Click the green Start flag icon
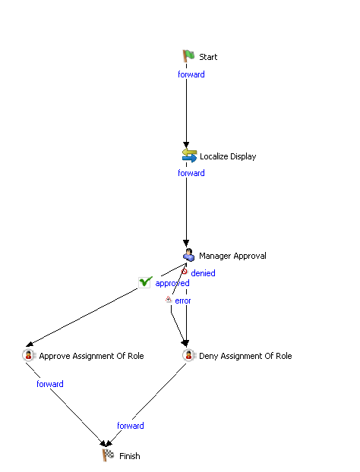pyautogui.click(x=188, y=56)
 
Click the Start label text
pyautogui.click(x=208, y=57)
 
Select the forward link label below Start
pyautogui.click(x=191, y=74)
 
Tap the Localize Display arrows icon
pyautogui.click(x=189, y=156)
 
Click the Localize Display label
pyautogui.click(x=228, y=156)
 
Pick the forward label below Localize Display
pyautogui.click(x=191, y=173)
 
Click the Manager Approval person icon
pyautogui.click(x=189, y=255)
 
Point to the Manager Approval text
pyautogui.click(x=232, y=256)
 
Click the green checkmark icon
pyautogui.click(x=145, y=282)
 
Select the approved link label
pyautogui.click(x=172, y=283)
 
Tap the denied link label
pyautogui.click(x=203, y=273)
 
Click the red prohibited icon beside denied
pyautogui.click(x=184, y=272)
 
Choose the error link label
pyautogui.click(x=183, y=301)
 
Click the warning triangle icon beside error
pyautogui.click(x=169, y=299)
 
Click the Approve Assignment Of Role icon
pyautogui.click(x=29, y=355)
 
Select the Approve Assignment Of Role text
pyautogui.click(x=91, y=356)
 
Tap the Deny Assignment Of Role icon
pyautogui.click(x=189, y=355)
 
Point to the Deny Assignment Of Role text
pyautogui.click(x=245, y=356)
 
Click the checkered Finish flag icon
pyautogui.click(x=108, y=455)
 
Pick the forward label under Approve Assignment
pyautogui.click(x=50, y=384)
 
